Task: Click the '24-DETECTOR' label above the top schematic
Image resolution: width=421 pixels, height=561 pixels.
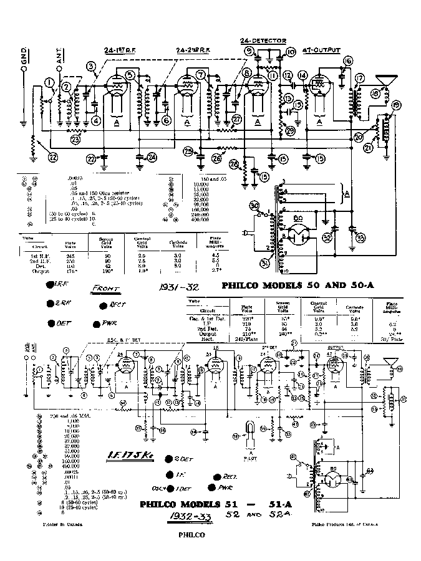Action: click(263, 41)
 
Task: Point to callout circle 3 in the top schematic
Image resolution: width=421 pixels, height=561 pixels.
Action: click(92, 67)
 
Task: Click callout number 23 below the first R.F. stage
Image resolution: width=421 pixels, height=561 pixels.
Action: click(75, 140)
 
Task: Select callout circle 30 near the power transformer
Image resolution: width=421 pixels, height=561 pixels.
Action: click(254, 206)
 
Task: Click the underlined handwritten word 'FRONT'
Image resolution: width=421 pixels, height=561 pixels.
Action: click(106, 289)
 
